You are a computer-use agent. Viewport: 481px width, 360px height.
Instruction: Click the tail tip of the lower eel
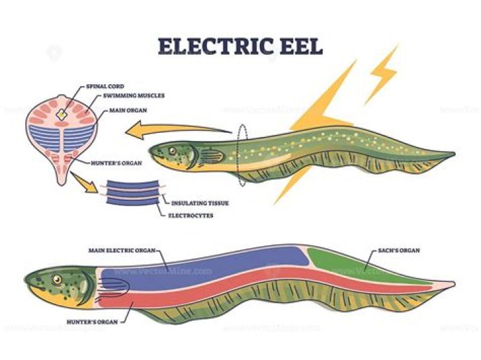(x=452, y=285)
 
